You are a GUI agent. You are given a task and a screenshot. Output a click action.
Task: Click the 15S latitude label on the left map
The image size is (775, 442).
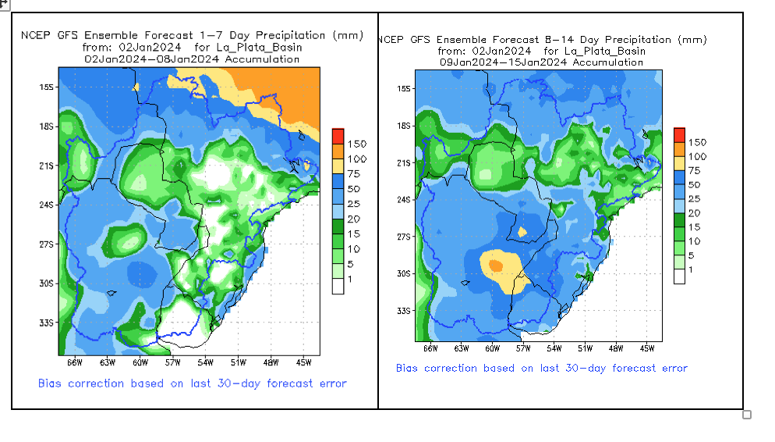click(x=47, y=87)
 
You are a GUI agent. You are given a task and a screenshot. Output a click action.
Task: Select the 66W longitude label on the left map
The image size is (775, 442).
click(x=74, y=362)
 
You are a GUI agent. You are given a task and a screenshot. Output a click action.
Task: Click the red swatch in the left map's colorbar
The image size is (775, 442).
click(x=338, y=136)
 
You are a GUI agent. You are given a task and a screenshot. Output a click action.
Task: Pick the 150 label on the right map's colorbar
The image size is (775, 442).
click(x=697, y=142)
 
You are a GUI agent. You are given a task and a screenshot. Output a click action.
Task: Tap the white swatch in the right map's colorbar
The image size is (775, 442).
click(x=679, y=275)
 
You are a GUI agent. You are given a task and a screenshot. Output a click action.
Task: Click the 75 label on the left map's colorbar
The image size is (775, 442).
click(x=355, y=174)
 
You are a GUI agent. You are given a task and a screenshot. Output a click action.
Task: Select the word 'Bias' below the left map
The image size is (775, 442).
click(x=51, y=383)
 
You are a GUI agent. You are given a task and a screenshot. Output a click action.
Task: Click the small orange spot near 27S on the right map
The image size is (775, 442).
click(x=523, y=231)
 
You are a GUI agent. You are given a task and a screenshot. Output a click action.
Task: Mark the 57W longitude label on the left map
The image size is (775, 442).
click(x=172, y=362)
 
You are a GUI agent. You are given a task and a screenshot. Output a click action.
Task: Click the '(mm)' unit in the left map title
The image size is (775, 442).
click(x=347, y=35)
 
